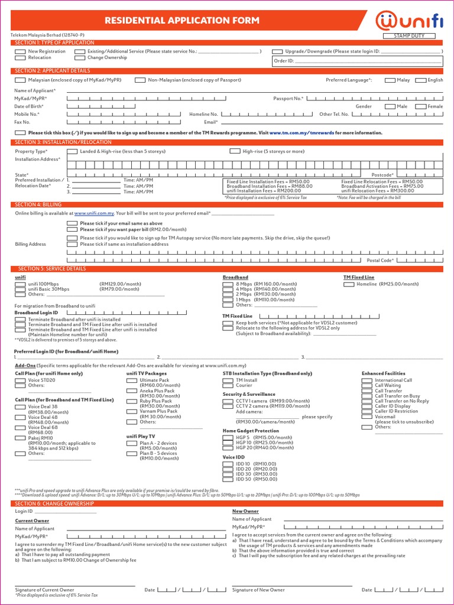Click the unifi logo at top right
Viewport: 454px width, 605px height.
point(410,21)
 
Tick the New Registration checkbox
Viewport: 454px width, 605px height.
point(20,52)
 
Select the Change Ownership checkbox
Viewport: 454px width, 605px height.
point(79,58)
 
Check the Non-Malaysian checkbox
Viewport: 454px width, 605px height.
point(140,80)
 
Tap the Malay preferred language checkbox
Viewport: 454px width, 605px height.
point(390,80)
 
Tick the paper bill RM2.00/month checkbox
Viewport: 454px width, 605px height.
point(72,229)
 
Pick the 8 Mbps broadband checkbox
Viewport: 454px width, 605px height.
point(228,284)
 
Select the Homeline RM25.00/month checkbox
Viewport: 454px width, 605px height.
point(349,284)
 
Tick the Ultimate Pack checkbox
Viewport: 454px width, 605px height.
point(131,380)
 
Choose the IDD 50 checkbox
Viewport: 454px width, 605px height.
point(228,479)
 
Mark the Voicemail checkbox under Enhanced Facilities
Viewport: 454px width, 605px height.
point(367,417)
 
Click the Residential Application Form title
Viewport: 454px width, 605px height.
point(181,21)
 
